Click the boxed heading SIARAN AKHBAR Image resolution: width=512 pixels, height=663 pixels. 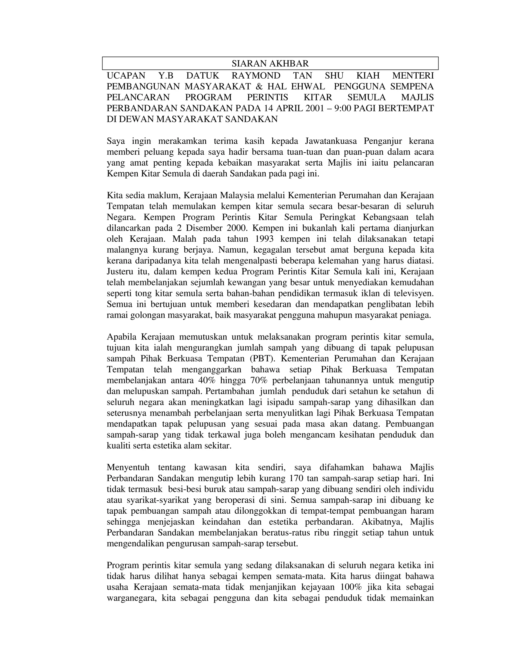click(270, 64)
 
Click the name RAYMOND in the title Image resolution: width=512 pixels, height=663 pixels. click(256, 76)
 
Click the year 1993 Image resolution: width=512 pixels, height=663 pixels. click(264, 239)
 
